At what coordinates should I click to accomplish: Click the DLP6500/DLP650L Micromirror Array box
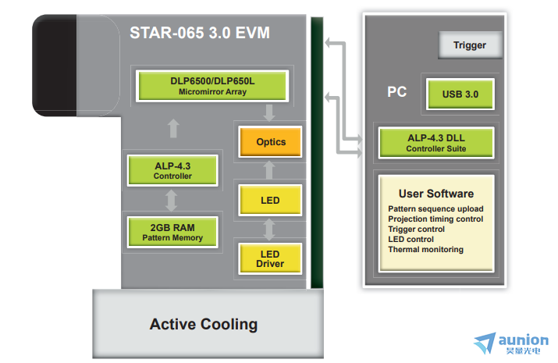tap(212, 86)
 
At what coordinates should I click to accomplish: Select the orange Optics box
tap(271, 141)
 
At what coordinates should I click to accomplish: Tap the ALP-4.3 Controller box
tap(172, 170)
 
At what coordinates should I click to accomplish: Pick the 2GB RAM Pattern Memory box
tap(172, 232)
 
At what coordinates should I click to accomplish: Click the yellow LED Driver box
tap(270, 258)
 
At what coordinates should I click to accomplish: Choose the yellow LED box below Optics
tap(270, 200)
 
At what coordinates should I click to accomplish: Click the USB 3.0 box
tap(460, 94)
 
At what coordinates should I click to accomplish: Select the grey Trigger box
tap(470, 44)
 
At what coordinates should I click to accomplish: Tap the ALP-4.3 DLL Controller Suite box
tap(436, 143)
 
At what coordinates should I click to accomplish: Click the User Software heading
tap(436, 194)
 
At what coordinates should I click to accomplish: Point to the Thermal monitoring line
tap(425, 250)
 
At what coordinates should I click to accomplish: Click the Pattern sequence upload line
tap(435, 209)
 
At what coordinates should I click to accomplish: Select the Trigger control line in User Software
tap(417, 230)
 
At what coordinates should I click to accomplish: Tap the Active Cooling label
tap(204, 324)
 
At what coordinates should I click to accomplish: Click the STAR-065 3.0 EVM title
tap(200, 33)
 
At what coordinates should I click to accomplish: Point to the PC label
tap(396, 92)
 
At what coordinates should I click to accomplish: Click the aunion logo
tap(511, 343)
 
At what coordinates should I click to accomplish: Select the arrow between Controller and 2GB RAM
tap(172, 201)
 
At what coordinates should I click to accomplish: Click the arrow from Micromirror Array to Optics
tap(269, 113)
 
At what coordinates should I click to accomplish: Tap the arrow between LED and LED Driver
tap(269, 230)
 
